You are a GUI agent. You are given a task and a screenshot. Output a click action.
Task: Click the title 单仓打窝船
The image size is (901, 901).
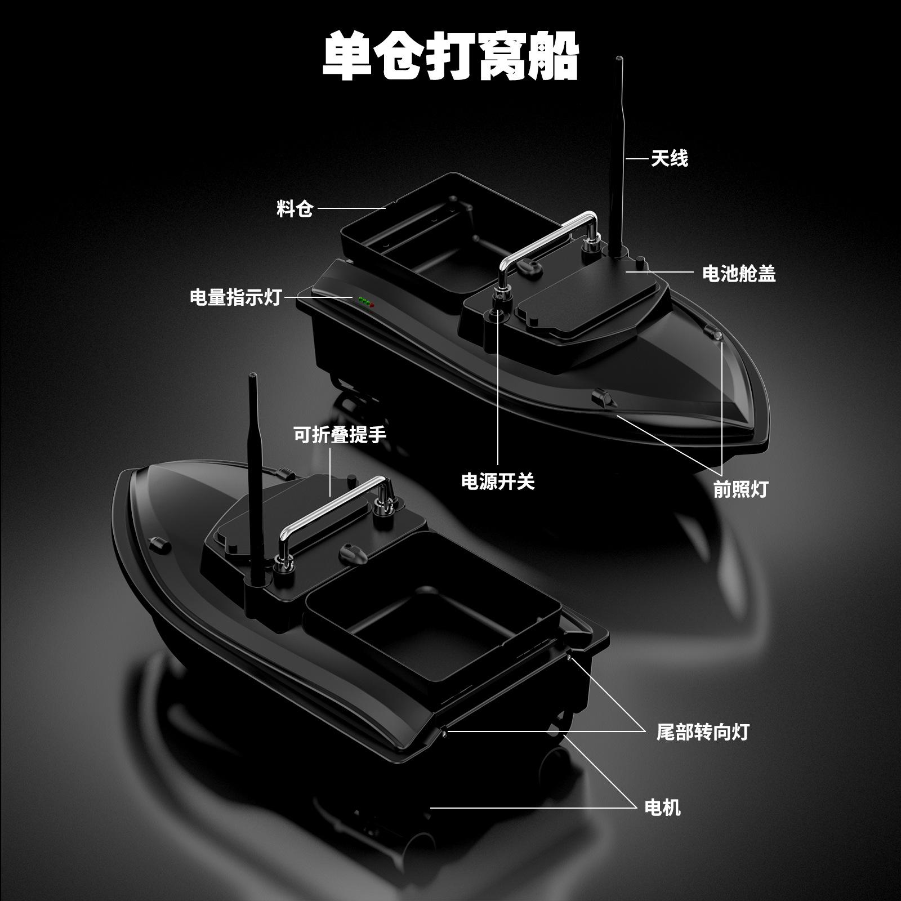point(450,56)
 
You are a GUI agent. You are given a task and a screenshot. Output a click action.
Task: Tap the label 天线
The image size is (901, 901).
point(670,158)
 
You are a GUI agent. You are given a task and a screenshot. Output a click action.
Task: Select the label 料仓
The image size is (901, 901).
point(295,209)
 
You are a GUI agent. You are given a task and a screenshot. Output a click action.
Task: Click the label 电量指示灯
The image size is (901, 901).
point(235,297)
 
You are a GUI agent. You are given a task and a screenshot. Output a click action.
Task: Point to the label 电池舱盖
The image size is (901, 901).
point(739,273)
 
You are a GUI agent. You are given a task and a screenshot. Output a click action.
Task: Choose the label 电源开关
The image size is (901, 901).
point(498,481)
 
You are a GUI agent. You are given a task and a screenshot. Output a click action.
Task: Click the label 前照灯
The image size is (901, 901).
point(741,489)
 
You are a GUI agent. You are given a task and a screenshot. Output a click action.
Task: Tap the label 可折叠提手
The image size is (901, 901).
point(340,434)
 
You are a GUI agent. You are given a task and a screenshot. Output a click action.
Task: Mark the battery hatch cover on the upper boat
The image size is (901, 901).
point(591,298)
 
